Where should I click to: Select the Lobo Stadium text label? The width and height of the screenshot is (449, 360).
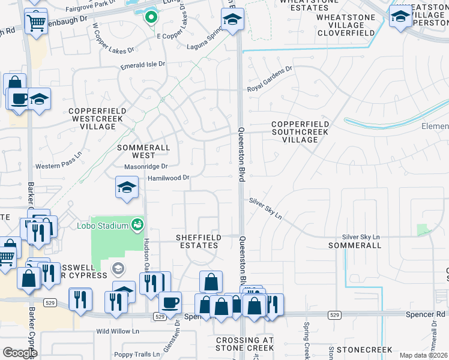(x=103, y=226)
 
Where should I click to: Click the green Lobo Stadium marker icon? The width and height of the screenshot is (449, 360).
(x=137, y=225)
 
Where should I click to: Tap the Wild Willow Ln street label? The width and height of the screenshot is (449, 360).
(x=117, y=331)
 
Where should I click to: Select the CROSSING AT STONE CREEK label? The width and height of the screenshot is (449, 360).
(x=244, y=344)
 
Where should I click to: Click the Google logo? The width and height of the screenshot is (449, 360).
(x=20, y=353)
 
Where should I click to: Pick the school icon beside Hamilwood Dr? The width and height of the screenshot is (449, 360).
(x=127, y=188)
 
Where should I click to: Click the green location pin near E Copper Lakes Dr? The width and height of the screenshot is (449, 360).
(x=151, y=17)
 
